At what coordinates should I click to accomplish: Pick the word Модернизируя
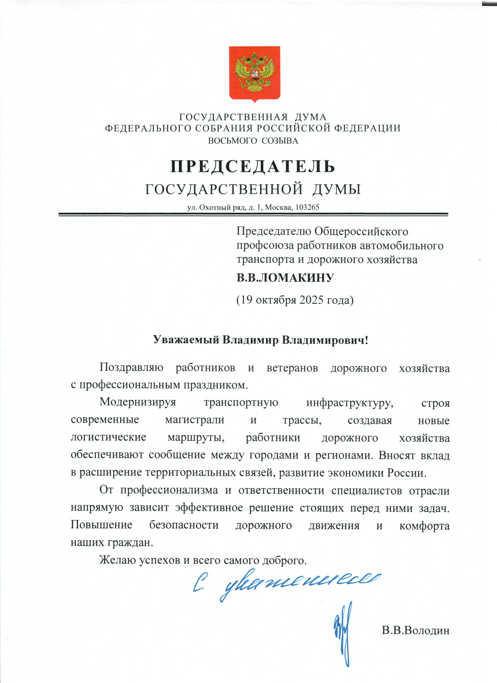click(x=138, y=403)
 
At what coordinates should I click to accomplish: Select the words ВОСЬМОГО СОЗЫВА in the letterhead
click(x=253, y=141)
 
